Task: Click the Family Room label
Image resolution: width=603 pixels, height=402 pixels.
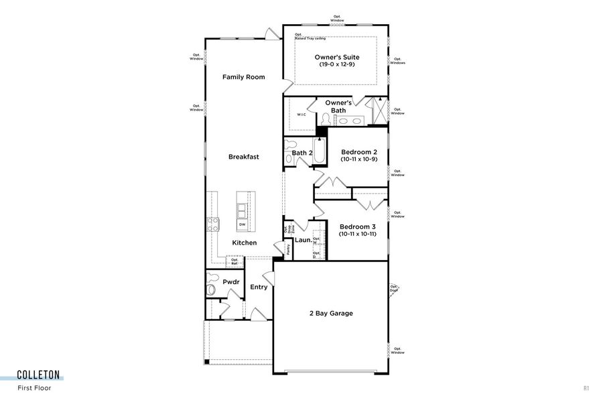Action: click(x=243, y=77)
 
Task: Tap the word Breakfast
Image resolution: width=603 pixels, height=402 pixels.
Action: click(x=243, y=157)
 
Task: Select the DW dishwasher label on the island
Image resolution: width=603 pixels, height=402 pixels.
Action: click(x=242, y=224)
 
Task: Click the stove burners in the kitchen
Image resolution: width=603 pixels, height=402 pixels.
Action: click(x=214, y=224)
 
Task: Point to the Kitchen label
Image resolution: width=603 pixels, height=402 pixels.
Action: click(x=244, y=243)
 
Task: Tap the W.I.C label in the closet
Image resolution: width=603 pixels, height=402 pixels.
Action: click(x=301, y=115)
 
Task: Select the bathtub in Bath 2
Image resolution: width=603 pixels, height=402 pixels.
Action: click(x=319, y=153)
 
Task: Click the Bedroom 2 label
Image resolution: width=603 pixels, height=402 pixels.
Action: click(x=358, y=152)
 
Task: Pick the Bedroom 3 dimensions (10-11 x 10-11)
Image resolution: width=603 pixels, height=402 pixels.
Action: click(x=358, y=234)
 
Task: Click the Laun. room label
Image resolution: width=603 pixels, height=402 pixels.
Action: click(x=301, y=239)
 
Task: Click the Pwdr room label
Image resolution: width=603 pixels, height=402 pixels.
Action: click(x=231, y=282)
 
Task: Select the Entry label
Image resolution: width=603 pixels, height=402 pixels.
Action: click(x=259, y=287)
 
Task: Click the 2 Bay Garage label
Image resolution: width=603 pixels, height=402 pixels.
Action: click(x=330, y=313)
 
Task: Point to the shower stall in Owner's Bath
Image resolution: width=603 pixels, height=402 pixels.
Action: click(x=379, y=111)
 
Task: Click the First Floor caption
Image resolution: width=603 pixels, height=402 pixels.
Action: click(x=34, y=387)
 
